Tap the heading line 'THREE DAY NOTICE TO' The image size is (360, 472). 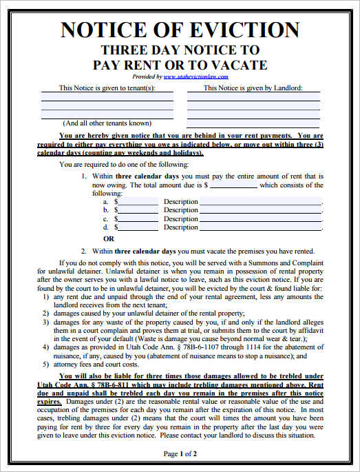click(180, 50)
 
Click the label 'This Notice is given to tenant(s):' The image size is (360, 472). click(107, 88)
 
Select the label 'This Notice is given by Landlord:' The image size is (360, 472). click(253, 88)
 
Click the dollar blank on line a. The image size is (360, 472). click(138, 202)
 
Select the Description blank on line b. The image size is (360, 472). click(261, 210)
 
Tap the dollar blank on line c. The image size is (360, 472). click(138, 218)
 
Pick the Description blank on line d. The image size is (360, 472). click(261, 227)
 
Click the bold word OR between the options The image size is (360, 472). click(108, 238)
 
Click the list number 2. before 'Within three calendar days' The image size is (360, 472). click(84, 252)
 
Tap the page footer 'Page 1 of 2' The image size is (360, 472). click(180, 453)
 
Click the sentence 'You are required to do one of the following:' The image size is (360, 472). click(131, 165)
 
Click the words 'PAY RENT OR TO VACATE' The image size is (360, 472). click(180, 65)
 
